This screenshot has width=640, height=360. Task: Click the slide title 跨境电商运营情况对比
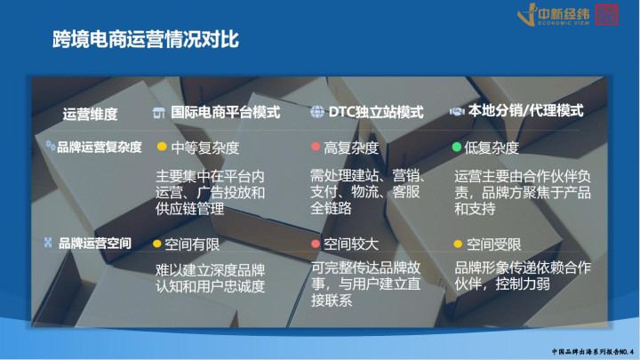pos(145,40)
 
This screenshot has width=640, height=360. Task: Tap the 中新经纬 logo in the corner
pos(554,15)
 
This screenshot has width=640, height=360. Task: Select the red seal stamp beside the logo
pos(606,15)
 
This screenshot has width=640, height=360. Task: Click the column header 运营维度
pos(90,115)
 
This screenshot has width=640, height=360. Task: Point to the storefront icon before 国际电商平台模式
pos(159,113)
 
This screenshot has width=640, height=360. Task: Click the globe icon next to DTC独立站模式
pos(317,111)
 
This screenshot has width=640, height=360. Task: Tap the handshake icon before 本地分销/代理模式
pos(457,111)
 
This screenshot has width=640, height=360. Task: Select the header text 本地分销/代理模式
pos(525,110)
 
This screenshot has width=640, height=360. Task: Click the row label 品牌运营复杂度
pos(100,147)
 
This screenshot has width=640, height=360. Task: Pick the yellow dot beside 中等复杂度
pos(162,146)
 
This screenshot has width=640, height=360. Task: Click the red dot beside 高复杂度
pos(316,146)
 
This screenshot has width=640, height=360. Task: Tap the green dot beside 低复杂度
pos(457,147)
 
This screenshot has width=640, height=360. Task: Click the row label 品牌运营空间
pos(95,244)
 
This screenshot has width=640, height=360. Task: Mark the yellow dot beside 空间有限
pos(156,244)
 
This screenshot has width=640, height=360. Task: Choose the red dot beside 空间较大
pos(315,244)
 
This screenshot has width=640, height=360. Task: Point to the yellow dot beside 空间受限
pos(458,244)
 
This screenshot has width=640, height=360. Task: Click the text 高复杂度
pos(351,148)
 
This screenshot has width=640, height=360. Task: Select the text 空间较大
pos(351,244)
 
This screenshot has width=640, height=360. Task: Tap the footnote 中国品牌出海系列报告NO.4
pos(593,352)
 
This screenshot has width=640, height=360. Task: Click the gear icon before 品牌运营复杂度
pos(51,145)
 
